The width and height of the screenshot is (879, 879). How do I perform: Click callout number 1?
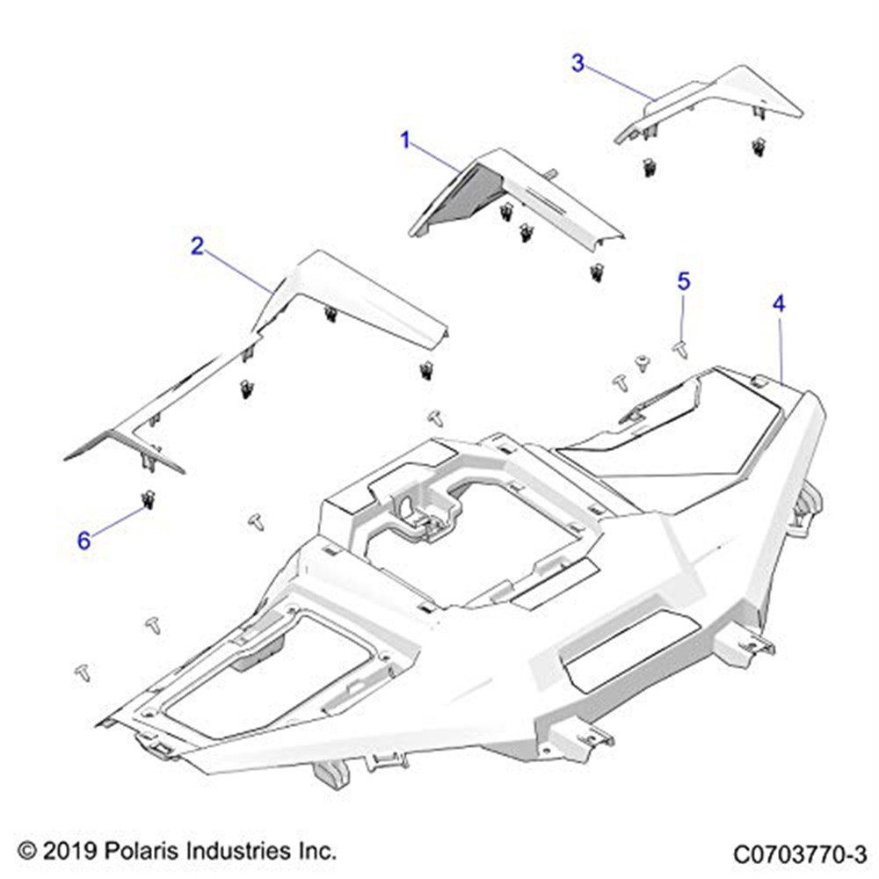tap(405, 140)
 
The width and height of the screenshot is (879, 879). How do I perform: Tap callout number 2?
tap(197, 246)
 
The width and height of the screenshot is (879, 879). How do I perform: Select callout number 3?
tap(578, 63)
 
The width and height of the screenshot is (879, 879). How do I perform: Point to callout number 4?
tap(779, 303)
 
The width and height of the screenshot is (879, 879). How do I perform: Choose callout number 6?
tap(84, 541)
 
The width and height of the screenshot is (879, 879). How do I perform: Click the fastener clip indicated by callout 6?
tap(148, 500)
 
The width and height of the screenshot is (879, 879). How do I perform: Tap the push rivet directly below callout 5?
tap(679, 349)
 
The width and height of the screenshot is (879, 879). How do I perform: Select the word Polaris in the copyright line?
tap(145, 852)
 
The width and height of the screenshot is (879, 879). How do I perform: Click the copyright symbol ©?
tap(26, 852)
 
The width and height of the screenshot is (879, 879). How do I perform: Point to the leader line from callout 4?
tap(781, 347)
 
